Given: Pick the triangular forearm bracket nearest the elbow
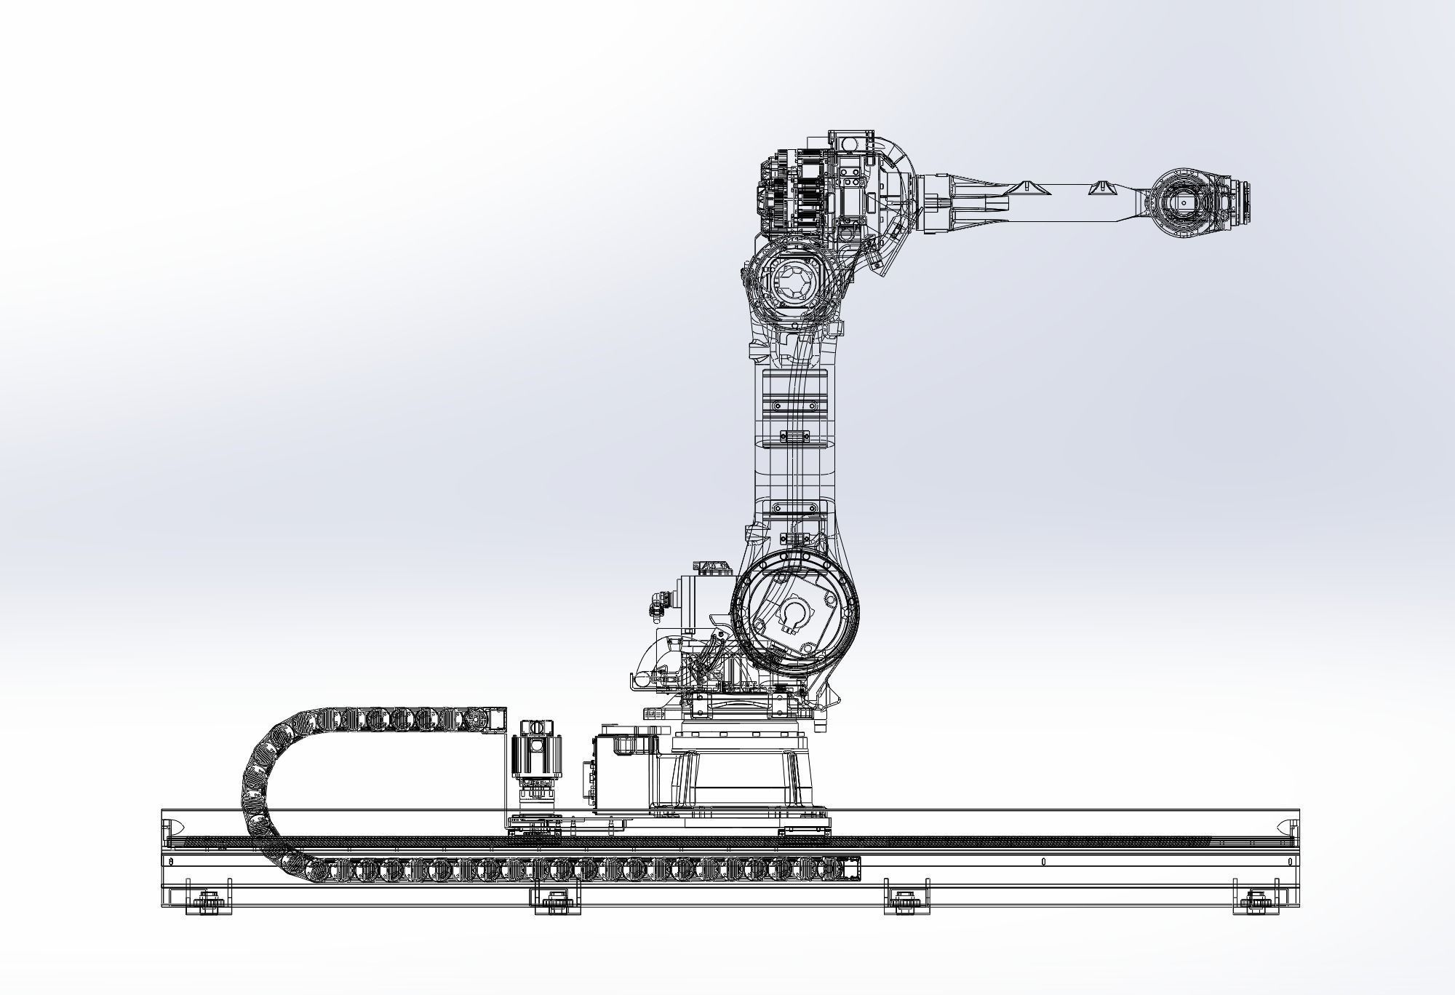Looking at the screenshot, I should tap(1031, 188).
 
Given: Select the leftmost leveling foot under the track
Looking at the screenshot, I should tap(208, 903).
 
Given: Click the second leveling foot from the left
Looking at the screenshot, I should tap(558, 903).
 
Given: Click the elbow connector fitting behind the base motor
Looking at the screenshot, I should tap(658, 601).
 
